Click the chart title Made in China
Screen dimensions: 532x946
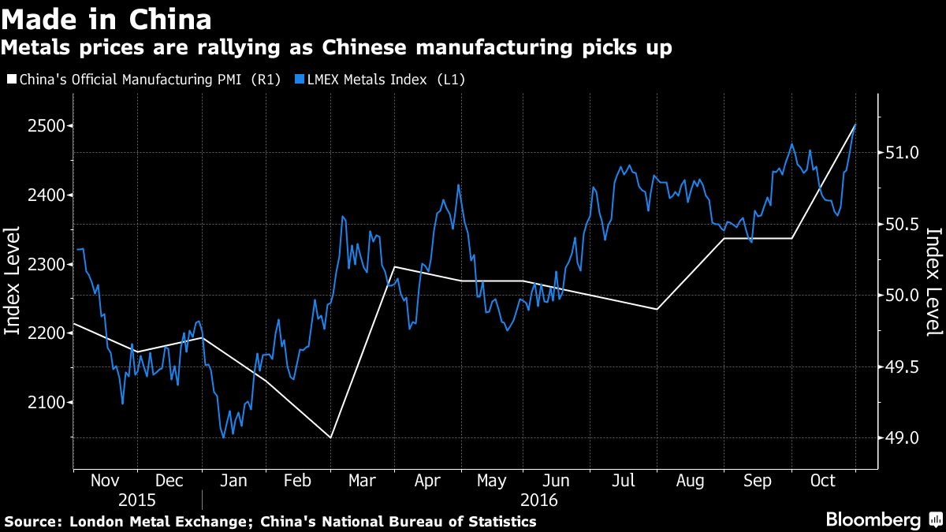coord(106,17)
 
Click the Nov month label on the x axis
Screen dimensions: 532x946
coord(105,481)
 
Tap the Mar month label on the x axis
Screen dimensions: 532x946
coord(363,481)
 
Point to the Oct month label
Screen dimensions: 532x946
coord(822,481)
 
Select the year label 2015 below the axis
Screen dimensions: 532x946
coord(136,500)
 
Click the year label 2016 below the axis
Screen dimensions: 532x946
coord(538,500)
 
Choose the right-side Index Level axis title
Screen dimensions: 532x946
coord(934,281)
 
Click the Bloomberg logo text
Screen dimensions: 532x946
coord(873,520)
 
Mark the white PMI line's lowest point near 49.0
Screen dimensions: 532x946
coord(331,437)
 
